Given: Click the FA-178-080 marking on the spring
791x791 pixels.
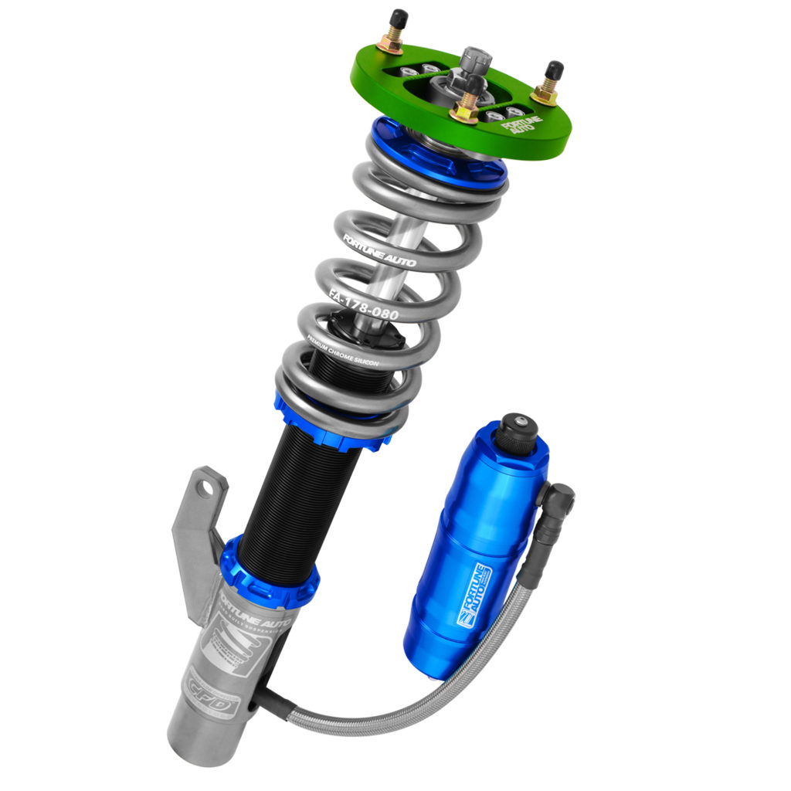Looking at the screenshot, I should [362, 304].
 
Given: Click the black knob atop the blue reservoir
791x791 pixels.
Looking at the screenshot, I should [515, 433].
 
